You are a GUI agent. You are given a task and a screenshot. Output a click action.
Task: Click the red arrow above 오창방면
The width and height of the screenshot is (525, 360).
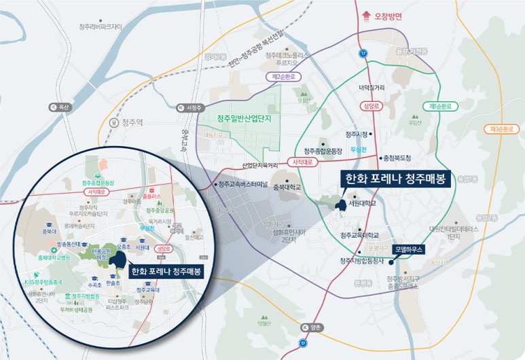367,13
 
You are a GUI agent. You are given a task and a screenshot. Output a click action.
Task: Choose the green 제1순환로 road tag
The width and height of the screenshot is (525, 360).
440,107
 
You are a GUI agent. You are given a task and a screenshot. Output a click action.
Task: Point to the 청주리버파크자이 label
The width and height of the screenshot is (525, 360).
100,27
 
